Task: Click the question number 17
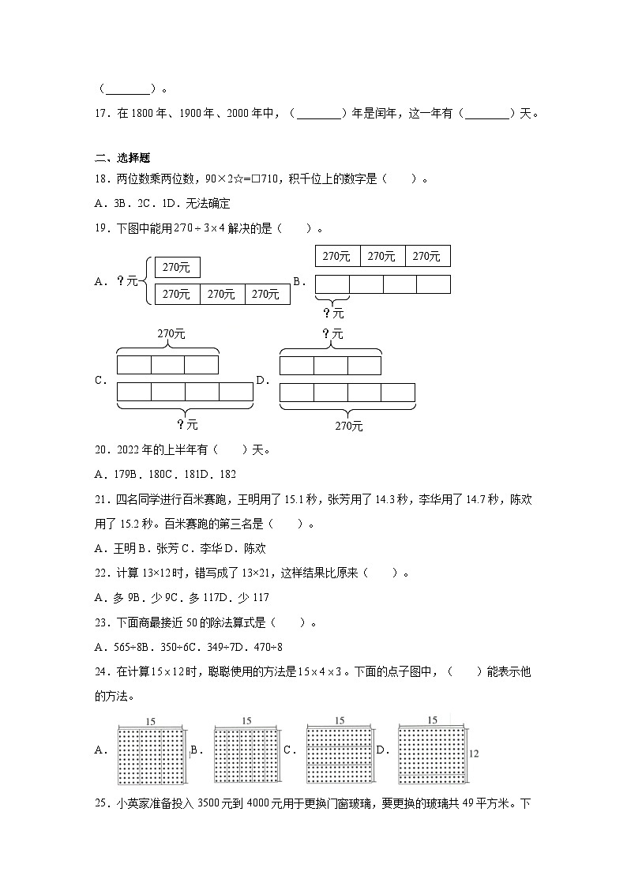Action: click(x=100, y=113)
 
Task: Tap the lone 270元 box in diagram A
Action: click(x=177, y=268)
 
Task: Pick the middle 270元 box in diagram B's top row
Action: click(x=382, y=257)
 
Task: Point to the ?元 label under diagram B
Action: click(x=333, y=313)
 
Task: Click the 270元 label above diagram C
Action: click(x=171, y=333)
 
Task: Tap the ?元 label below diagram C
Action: click(x=187, y=424)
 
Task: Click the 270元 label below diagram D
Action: click(x=348, y=426)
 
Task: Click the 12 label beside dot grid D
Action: click(x=473, y=754)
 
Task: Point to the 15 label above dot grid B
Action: click(x=246, y=720)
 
